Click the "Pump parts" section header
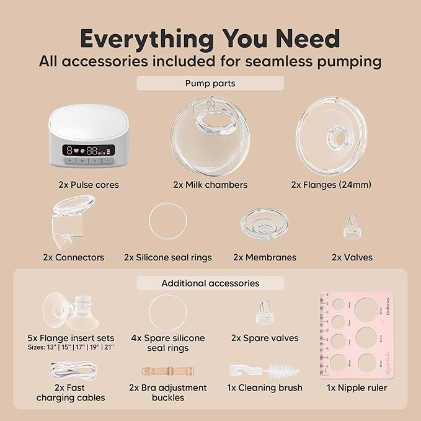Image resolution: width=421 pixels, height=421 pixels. pyautogui.click(x=210, y=83)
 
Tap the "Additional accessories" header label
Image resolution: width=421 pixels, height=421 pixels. pyautogui.click(x=210, y=283)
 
